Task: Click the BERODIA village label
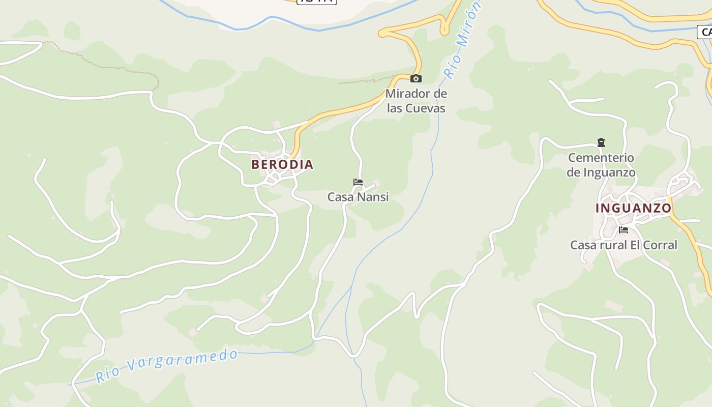(282, 164)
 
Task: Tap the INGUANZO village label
(633, 208)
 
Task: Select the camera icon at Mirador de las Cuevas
(416, 78)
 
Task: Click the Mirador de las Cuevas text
(416, 101)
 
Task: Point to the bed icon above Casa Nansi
(358, 182)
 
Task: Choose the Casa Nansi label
(358, 197)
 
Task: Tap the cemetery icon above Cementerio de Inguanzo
(601, 142)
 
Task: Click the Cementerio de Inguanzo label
(601, 165)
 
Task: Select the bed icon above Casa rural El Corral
(624, 230)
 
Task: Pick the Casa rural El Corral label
(624, 245)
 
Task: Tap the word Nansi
(374, 197)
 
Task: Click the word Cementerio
(601, 158)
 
